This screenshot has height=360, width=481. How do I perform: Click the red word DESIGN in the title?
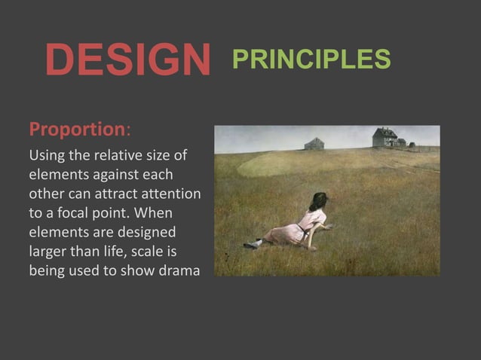pos(127,60)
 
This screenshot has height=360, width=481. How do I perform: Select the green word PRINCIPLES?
pos(310,59)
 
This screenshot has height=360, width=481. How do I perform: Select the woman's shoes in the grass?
pos(253,243)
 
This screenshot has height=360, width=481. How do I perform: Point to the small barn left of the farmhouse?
pos(314,143)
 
